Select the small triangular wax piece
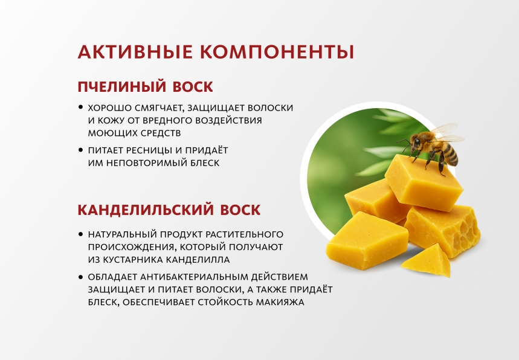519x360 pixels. click(x=428, y=260)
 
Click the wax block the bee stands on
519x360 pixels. click(x=424, y=181)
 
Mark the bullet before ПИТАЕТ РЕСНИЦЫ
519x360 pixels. click(x=81, y=149)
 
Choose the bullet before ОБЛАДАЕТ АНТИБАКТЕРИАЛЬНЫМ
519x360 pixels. click(x=81, y=276)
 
